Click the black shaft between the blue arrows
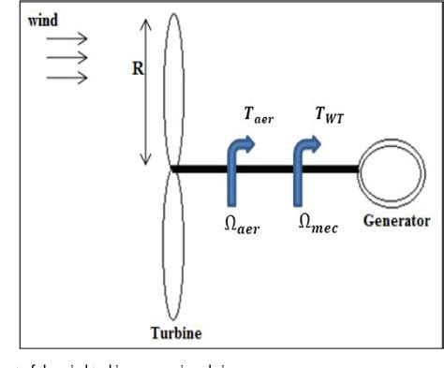(x=272, y=169)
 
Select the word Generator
(x=396, y=222)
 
